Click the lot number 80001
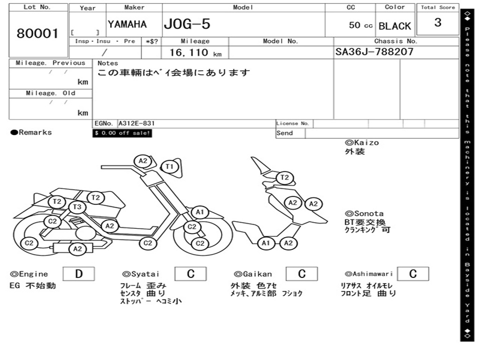coord(37,33)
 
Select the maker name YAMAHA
coord(127,24)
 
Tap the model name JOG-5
coord(187,24)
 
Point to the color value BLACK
coord(395,26)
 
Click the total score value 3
coord(438,22)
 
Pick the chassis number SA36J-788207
coord(375,52)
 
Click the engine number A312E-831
coord(136,123)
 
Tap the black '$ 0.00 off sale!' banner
coord(122,133)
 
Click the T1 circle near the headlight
coord(169,166)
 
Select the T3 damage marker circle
coord(77,207)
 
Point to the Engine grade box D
coord(79,274)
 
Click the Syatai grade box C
coord(191,274)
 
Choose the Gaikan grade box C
coord(302,274)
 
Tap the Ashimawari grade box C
coord(413,274)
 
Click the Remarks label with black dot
coord(31,133)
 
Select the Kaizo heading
coord(362,142)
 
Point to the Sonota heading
coord(364,214)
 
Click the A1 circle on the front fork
coord(200,212)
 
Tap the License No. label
coord(292,123)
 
